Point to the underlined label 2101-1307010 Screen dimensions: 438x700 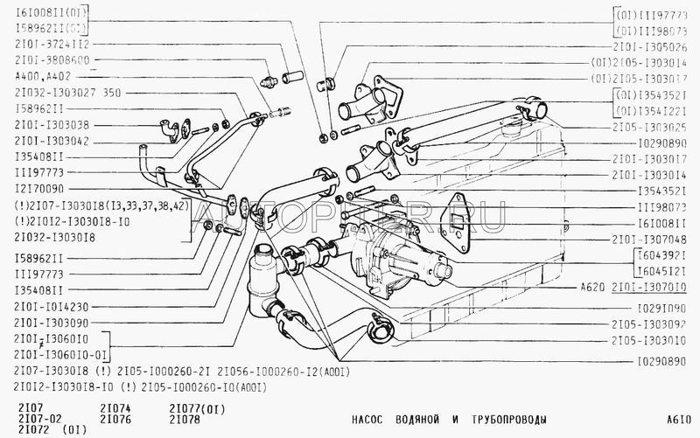(648, 287)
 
